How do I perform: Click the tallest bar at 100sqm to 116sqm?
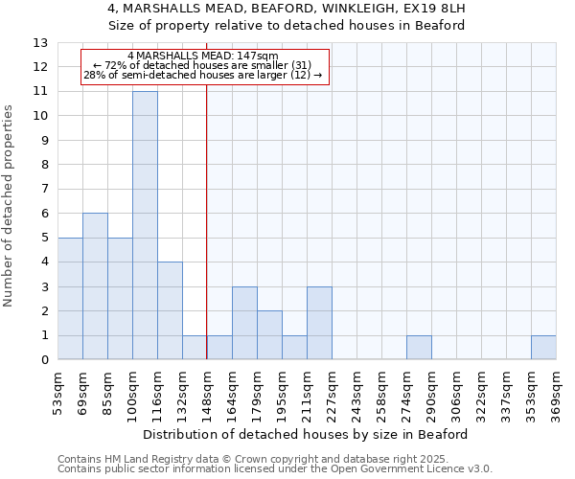(x=145, y=225)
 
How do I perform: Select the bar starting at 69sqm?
(x=95, y=286)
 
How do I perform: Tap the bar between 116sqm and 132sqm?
(x=170, y=310)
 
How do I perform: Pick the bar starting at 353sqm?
(x=543, y=348)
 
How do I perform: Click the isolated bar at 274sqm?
(x=419, y=348)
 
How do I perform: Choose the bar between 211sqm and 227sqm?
(x=319, y=323)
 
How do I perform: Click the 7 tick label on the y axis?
(x=44, y=189)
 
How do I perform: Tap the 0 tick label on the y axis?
(x=44, y=360)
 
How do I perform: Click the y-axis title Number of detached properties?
(x=10, y=206)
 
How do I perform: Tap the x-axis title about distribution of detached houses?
(x=307, y=434)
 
